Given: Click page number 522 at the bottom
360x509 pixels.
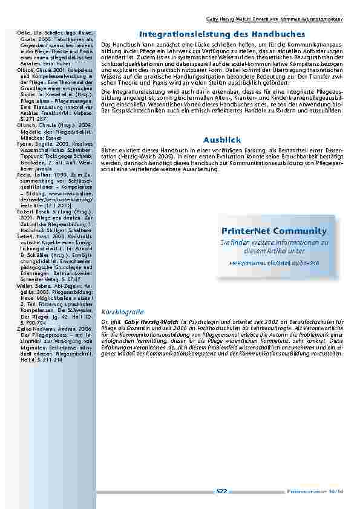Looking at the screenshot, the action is [x=221, y=492].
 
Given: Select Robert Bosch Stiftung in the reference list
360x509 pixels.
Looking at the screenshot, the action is [x=39, y=229].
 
